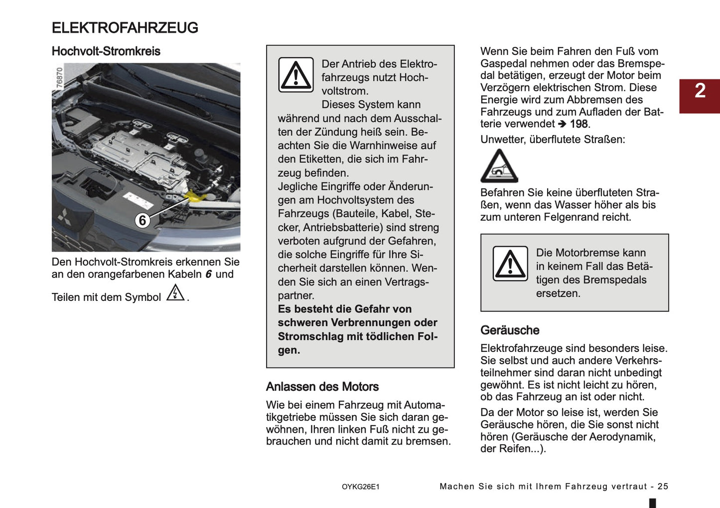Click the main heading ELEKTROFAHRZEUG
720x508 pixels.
pos(125,28)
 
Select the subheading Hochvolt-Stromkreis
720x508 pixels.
pos(106,51)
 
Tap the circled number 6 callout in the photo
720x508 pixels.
pos(143,220)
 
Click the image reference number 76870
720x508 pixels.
pos(59,78)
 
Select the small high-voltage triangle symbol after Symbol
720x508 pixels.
pos(175,293)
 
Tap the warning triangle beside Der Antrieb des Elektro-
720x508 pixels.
pos(296,75)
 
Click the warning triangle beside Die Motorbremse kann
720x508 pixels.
pos(510,263)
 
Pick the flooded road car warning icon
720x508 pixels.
pos(499,167)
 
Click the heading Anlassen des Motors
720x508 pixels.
pos(322,387)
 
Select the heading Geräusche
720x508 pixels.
pos(510,330)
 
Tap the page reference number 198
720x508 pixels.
pos(579,124)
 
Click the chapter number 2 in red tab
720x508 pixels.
pos(700,91)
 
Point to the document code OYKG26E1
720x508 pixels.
pos(360,487)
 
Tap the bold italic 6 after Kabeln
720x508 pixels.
pos(208,274)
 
